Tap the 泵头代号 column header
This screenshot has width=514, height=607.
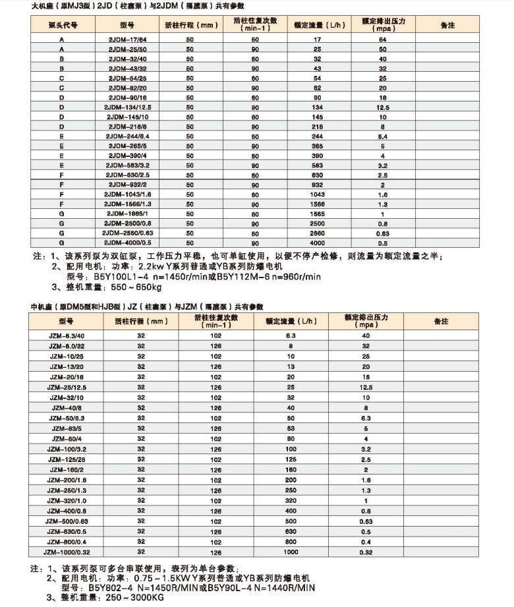[63, 24]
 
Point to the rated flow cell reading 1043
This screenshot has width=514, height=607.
[318, 194]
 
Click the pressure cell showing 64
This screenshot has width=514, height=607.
[382, 40]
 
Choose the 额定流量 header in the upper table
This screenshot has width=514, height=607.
[318, 24]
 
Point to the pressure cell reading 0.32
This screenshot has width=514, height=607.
[366, 552]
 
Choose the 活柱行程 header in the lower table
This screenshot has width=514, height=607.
[141, 321]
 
